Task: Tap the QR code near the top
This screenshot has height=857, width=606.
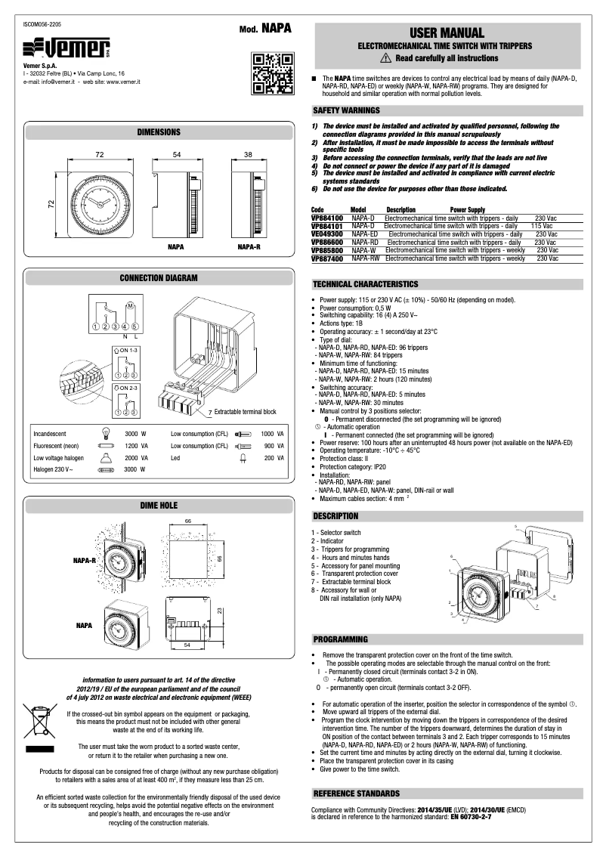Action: [x=271, y=73]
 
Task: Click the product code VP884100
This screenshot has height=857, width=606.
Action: [x=326, y=217]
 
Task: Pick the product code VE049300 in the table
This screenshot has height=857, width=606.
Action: [x=326, y=234]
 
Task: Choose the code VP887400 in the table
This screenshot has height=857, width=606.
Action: [x=327, y=258]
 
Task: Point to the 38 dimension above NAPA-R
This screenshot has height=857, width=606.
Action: [x=248, y=154]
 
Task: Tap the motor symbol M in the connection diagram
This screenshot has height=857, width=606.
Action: [x=129, y=305]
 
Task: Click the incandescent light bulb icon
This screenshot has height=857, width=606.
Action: [x=105, y=435]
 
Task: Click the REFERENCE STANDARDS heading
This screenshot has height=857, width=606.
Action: [x=357, y=794]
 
